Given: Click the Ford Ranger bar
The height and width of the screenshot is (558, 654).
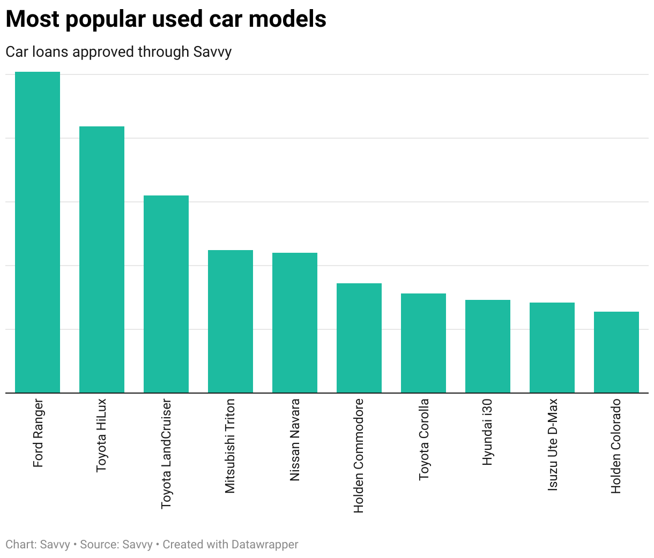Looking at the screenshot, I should point(38,232).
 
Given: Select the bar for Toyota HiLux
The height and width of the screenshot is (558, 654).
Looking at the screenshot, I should point(102,260).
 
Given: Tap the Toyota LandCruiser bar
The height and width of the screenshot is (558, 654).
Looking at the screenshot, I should point(166,294).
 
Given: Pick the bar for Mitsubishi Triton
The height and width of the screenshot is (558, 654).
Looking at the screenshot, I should point(231,321).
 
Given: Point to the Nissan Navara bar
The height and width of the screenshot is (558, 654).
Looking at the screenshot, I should point(295,323).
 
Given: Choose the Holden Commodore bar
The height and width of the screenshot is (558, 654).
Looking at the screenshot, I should point(359,338).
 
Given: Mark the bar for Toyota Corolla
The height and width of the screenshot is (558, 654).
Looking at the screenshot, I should point(423,343).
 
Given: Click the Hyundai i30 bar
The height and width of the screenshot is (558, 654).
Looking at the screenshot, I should point(488,346).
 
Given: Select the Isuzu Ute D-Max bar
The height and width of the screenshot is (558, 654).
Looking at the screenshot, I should point(552,348).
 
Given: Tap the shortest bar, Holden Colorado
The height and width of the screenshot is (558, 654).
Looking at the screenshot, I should point(616,352).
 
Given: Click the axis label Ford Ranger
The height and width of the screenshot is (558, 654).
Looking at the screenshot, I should point(38,433).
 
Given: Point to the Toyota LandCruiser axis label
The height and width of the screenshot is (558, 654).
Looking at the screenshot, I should point(167,453).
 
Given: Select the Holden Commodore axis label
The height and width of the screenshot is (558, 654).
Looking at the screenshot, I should point(359,455).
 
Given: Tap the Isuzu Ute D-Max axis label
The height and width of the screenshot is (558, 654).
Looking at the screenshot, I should point(553,444).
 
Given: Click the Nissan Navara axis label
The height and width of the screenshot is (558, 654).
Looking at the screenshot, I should point(295,440).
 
